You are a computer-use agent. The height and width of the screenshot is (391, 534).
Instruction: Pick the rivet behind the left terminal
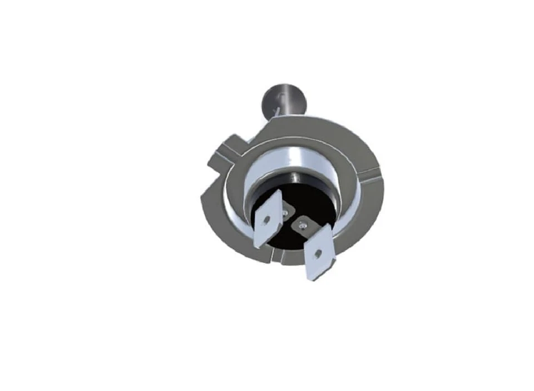pos(286,212)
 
